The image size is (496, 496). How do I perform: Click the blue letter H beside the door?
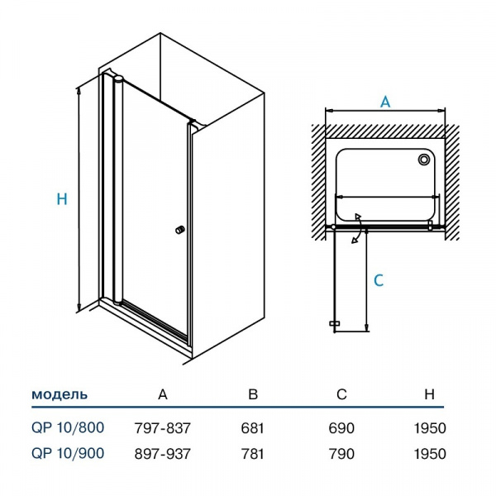pyautogui.click(x=62, y=199)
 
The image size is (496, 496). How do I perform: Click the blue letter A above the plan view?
pyautogui.click(x=385, y=102)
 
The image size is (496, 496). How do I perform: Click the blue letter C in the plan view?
pyautogui.click(x=379, y=281)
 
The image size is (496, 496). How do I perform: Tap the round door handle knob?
pyautogui.click(x=179, y=231)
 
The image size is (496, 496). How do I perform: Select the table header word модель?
pyautogui.click(x=60, y=394)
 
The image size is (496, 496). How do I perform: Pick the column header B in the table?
pyautogui.click(x=253, y=394)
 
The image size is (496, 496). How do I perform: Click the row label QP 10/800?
pyautogui.click(x=68, y=428)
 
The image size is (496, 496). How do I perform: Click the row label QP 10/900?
pyautogui.click(x=68, y=453)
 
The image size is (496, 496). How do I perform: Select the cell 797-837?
pyautogui.click(x=162, y=428)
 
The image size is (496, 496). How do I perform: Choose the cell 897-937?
pyautogui.click(x=162, y=453)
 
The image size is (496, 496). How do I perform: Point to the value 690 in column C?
pyautogui.click(x=341, y=428)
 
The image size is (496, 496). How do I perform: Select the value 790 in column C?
pyautogui.click(x=341, y=453)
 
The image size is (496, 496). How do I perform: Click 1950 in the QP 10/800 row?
pyautogui.click(x=429, y=428)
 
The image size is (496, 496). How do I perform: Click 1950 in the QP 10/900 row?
pyautogui.click(x=429, y=453)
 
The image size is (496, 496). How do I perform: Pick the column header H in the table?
pyautogui.click(x=429, y=394)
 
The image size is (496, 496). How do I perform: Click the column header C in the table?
pyautogui.click(x=341, y=394)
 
